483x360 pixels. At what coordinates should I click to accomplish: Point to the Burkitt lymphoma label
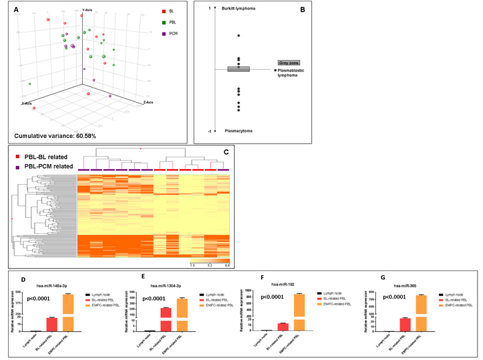239,8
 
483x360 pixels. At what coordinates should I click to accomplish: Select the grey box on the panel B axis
238,68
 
